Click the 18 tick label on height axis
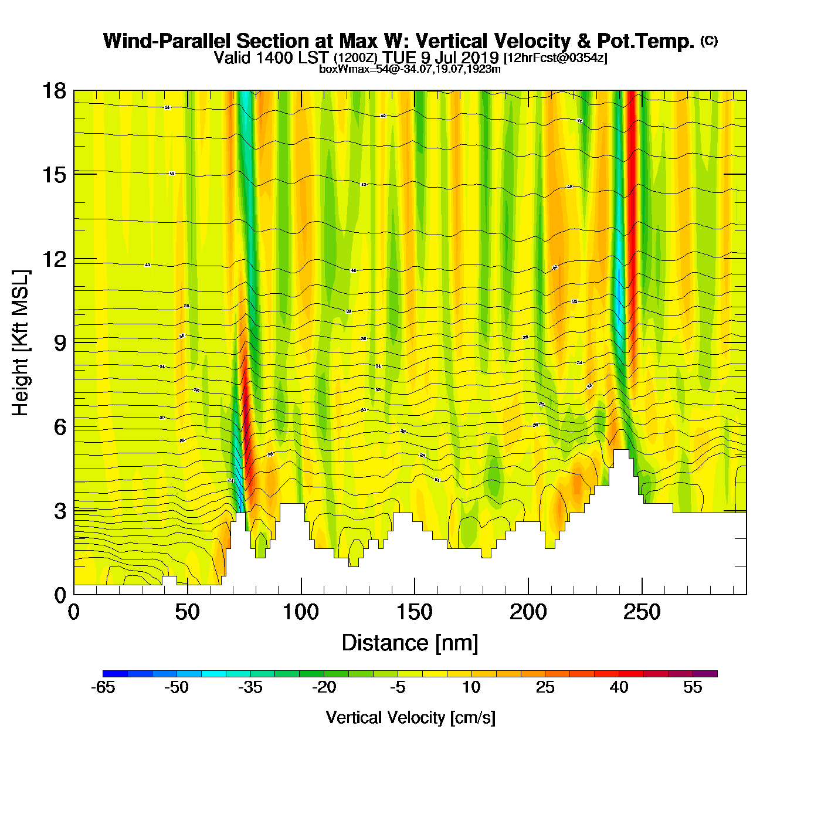53,91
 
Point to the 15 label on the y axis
53,175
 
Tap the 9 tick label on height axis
60,343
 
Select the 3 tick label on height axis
60,511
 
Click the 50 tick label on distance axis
187,613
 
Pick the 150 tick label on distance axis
414,613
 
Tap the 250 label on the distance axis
642,613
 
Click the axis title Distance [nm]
410,643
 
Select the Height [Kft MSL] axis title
21,343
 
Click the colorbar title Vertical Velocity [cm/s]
410,717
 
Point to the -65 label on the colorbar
103,687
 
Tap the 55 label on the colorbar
693,687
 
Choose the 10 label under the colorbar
471,687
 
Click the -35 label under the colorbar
250,687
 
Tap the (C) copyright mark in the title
708,40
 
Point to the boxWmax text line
409,69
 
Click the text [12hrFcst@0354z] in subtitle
555,58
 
